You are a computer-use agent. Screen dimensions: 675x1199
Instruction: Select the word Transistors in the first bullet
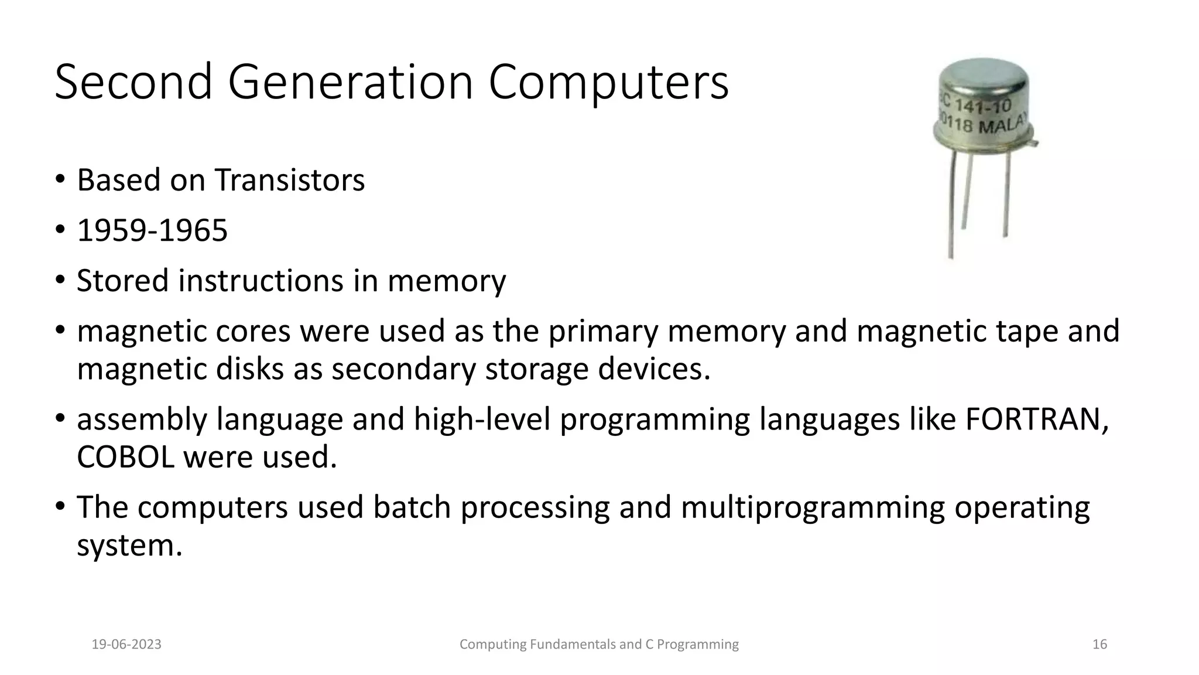point(289,180)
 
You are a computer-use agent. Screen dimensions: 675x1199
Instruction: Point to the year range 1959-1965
point(152,230)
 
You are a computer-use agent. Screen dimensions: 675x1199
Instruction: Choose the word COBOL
point(125,457)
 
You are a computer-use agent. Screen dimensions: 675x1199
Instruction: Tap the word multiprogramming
point(813,507)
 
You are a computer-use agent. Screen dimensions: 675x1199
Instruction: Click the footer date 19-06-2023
point(126,645)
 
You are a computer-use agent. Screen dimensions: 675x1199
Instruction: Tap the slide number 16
point(1099,645)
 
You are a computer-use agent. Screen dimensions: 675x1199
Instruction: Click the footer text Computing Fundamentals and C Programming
point(599,645)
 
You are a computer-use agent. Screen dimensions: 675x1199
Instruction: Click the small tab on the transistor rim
point(1034,142)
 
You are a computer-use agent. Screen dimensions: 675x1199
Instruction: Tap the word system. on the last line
point(129,546)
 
